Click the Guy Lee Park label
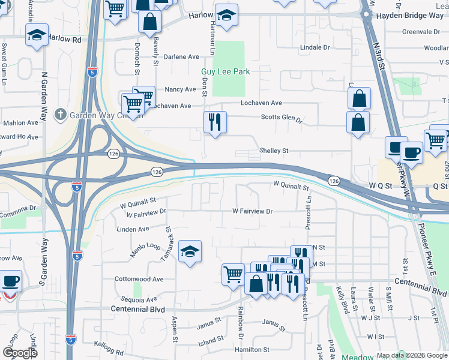[x=225, y=71]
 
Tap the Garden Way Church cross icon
[x=60, y=113]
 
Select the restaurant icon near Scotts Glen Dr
[x=214, y=122]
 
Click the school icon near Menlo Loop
[x=190, y=251]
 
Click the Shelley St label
[x=274, y=151]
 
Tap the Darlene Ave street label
[x=181, y=57]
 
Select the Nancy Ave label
[x=181, y=89]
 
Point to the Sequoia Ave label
[x=139, y=299]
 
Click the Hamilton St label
[x=252, y=349]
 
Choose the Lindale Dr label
[x=318, y=46]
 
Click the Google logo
[x=20, y=353]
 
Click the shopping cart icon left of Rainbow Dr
[x=233, y=275]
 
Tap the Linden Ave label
[x=133, y=229]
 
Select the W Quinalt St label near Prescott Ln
[x=291, y=184]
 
